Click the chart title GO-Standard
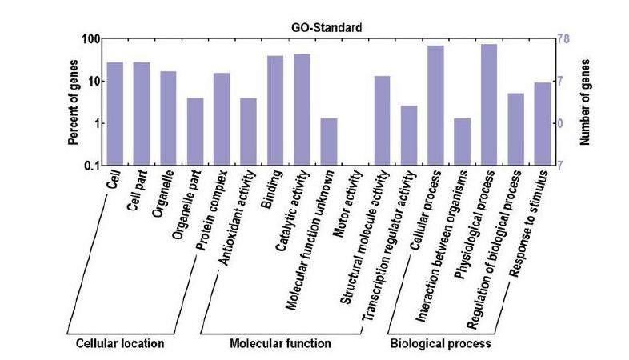pyautogui.click(x=327, y=27)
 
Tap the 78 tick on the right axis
pyautogui.click(x=563, y=39)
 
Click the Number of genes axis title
pyautogui.click(x=584, y=102)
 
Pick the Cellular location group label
pyautogui.click(x=119, y=344)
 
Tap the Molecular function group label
pyautogui.click(x=279, y=344)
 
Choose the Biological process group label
pyautogui.click(x=439, y=344)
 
